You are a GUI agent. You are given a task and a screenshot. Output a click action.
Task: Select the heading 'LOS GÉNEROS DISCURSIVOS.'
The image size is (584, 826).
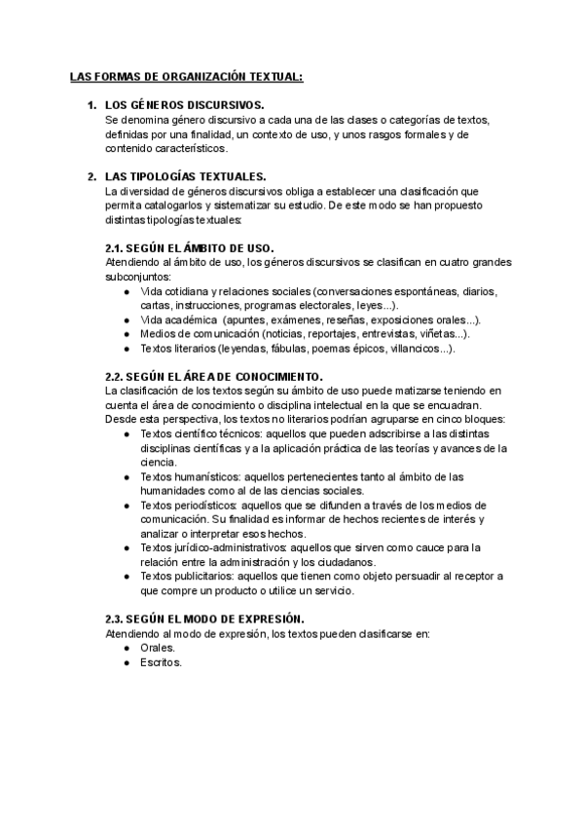click(184, 104)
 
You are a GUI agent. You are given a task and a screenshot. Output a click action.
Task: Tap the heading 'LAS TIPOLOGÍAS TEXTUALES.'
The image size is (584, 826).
click(185, 176)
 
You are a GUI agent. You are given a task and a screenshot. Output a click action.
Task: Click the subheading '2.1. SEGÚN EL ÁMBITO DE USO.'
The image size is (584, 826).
click(189, 248)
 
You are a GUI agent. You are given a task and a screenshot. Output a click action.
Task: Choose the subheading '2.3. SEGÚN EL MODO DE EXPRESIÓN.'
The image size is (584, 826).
click(204, 619)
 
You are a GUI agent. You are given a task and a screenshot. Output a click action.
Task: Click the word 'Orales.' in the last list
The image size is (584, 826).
click(158, 647)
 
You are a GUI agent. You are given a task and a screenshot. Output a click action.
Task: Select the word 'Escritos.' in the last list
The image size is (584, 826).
click(162, 661)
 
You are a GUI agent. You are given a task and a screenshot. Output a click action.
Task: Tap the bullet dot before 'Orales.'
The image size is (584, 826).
click(128, 647)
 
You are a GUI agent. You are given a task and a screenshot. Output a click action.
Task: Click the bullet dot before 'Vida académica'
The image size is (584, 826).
click(128, 319)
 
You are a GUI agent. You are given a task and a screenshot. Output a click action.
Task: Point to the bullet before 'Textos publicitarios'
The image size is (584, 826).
click(128, 577)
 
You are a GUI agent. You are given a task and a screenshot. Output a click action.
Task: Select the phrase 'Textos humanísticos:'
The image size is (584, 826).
click(189, 476)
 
